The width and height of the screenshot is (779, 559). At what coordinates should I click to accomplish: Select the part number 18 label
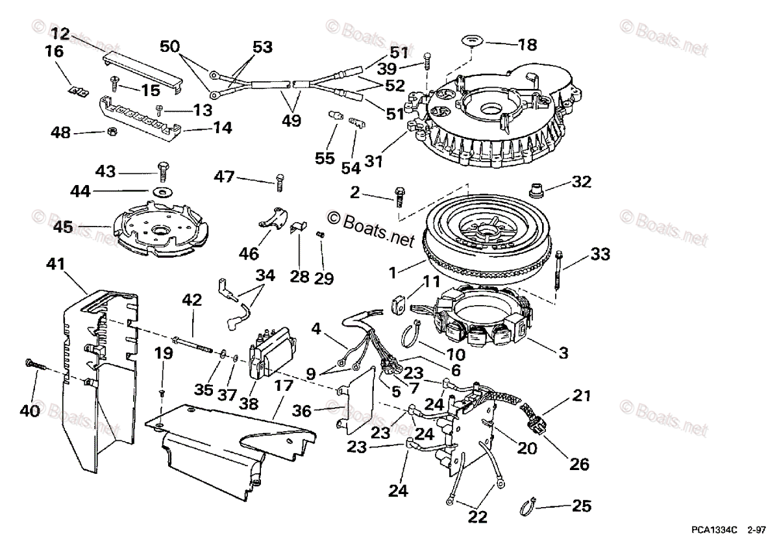click(528, 45)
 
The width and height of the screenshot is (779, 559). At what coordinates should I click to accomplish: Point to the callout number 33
click(600, 255)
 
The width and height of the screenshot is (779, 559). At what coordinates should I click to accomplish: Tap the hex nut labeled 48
click(111, 132)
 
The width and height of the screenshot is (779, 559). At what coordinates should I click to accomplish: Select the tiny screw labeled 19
click(162, 393)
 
